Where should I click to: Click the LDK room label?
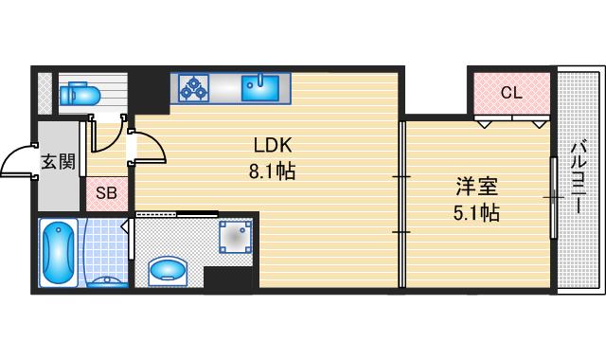tap(274, 146)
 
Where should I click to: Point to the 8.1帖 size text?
tap(274, 173)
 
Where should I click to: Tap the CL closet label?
tap(510, 93)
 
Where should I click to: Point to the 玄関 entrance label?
tap(58, 161)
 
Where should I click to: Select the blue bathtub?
tap(60, 252)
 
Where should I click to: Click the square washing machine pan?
tap(235, 238)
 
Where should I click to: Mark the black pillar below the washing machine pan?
tap(230, 279)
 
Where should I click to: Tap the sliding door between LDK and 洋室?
tap(401, 204)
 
